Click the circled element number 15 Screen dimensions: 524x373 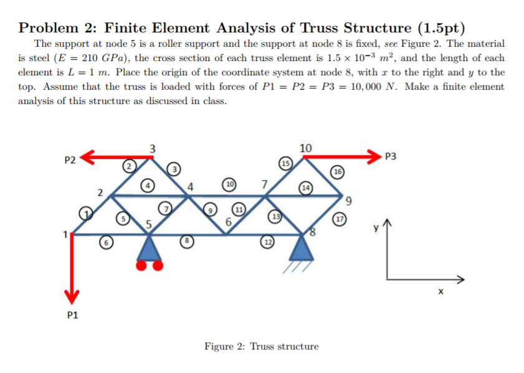coord(285,163)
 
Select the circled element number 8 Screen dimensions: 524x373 coord(187,241)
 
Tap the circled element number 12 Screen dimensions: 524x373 coord(268,242)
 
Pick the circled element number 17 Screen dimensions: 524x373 coord(340,219)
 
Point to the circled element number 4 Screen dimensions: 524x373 coord(148,186)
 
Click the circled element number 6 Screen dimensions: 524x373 coord(106,243)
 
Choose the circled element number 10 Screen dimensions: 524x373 coord(229,184)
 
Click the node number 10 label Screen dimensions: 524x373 coord(305,148)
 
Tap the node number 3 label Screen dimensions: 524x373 coord(153,148)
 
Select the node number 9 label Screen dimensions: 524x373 coord(348,201)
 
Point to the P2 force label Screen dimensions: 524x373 coord(70,160)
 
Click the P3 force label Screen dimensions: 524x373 coord(391,156)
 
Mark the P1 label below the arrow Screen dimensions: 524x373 coord(72,315)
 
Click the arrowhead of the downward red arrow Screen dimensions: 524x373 coord(72,296)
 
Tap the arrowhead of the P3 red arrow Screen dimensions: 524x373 coord(374,157)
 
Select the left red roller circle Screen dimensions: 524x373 coord(141,265)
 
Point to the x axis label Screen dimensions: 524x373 coord(441,291)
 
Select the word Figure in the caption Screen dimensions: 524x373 coord(219,346)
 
